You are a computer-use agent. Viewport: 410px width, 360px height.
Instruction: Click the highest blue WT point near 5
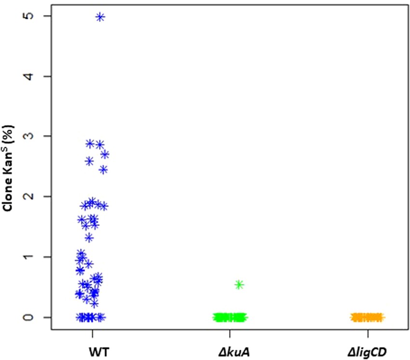pos(100,17)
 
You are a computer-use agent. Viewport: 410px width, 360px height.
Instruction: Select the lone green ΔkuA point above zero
pos(239,284)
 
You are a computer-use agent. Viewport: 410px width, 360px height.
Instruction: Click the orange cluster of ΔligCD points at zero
pos(367,317)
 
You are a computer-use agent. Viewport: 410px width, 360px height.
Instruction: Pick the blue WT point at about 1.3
pos(89,237)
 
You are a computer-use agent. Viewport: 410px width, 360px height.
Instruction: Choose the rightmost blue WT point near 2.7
pos(105,154)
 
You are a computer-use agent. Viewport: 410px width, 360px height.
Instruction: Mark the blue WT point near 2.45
pos(103,169)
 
